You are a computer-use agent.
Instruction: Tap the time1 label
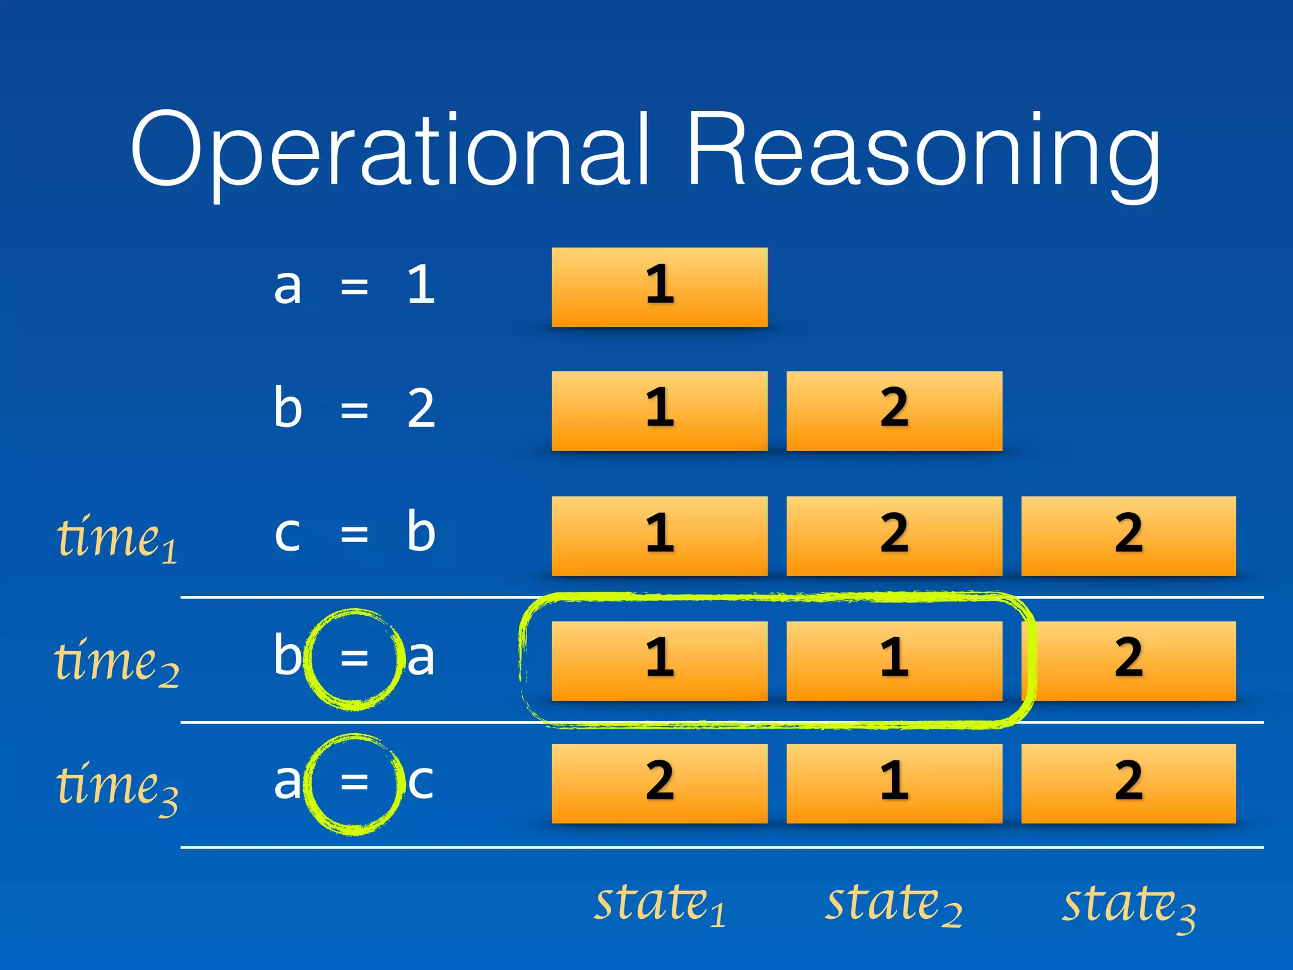click(x=117, y=538)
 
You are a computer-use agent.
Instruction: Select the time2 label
click(x=117, y=662)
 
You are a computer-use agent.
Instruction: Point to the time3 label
click(x=117, y=786)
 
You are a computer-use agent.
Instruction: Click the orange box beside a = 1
click(x=659, y=287)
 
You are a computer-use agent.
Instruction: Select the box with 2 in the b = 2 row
click(x=894, y=411)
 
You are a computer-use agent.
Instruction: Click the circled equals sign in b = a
click(x=354, y=659)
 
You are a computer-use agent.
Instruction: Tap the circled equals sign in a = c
click(x=354, y=782)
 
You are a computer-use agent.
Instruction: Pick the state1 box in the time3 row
click(x=659, y=784)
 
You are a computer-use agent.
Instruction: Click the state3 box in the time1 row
click(x=1129, y=536)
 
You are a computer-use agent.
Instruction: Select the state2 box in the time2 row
click(x=894, y=661)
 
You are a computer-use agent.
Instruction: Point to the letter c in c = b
click(x=287, y=534)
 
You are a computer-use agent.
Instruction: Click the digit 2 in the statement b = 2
click(x=421, y=409)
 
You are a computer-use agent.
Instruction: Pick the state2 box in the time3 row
click(x=894, y=784)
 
